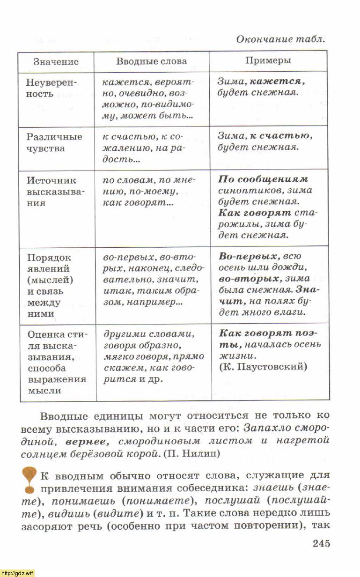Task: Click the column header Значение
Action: tap(56, 62)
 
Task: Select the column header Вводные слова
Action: tap(151, 61)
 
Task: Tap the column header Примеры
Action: tap(268, 60)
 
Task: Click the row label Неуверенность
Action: tap(51, 88)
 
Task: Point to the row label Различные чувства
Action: tap(54, 143)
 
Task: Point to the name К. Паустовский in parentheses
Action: tap(263, 367)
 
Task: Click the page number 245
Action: tap(321, 543)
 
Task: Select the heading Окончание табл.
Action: tap(280, 39)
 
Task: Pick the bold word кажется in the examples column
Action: tap(277, 81)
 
